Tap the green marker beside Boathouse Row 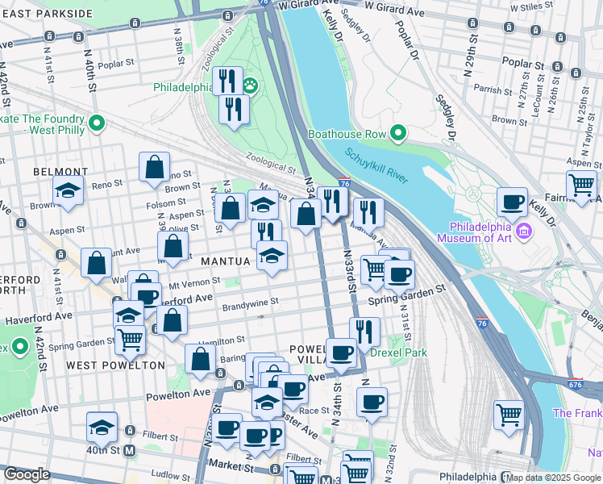click(x=397, y=133)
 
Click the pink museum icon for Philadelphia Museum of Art click(x=525, y=232)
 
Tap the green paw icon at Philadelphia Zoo click(x=251, y=84)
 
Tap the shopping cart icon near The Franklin click(x=509, y=415)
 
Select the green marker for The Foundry click(x=97, y=124)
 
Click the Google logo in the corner click(x=27, y=474)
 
